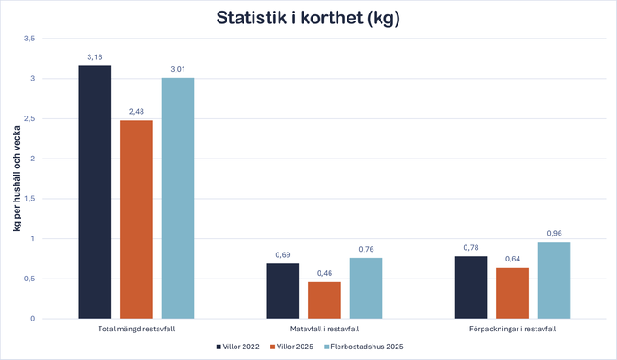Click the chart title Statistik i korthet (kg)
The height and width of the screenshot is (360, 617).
308,18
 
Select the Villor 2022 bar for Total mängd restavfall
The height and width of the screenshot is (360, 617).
95,192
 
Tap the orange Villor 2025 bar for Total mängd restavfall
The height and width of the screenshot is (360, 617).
136,219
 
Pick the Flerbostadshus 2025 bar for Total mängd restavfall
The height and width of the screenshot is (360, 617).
177,198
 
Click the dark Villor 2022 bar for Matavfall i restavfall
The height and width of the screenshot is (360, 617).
282,291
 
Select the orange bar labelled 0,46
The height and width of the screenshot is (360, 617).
324,300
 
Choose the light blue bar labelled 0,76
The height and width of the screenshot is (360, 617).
365,288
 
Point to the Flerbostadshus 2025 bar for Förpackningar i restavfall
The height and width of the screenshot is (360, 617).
553,280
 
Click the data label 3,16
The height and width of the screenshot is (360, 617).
95,57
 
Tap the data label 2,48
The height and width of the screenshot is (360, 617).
136,112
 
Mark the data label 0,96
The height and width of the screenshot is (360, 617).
553,234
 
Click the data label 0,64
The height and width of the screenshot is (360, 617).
512,260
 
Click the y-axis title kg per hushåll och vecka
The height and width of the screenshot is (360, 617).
16,179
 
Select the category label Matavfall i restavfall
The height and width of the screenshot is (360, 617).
324,330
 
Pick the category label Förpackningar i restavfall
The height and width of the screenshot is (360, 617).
512,330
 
